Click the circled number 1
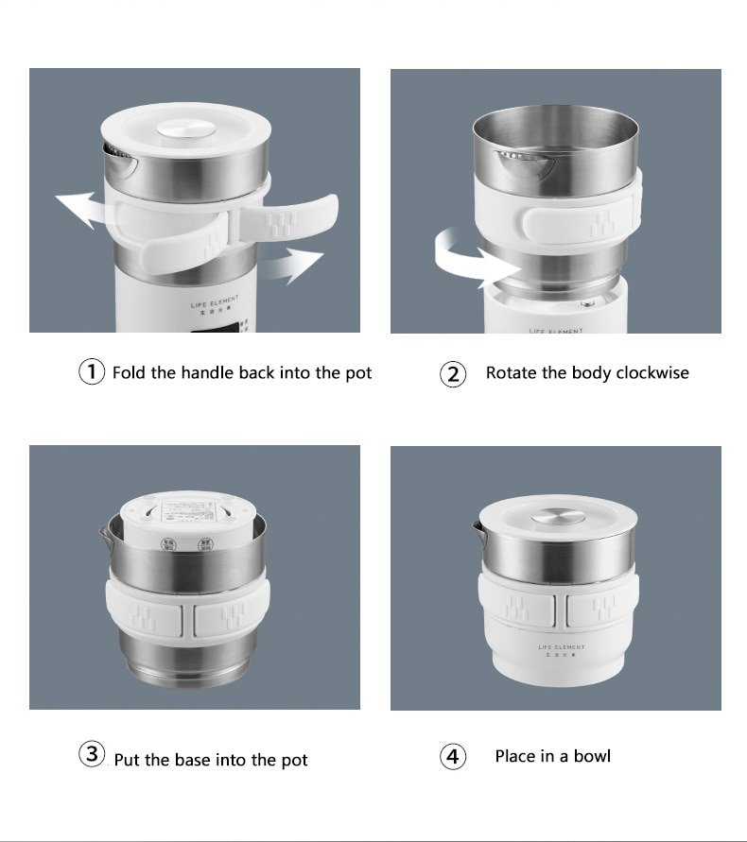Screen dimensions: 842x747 point(91,372)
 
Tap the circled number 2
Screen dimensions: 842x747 point(454,374)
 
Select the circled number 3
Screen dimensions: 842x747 point(91,755)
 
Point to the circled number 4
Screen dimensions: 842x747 point(454,757)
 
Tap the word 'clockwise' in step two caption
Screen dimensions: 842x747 point(652,372)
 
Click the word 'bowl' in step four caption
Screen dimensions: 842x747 point(592,756)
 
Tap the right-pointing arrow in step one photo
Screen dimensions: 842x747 point(292,265)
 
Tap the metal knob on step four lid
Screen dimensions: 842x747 point(555,517)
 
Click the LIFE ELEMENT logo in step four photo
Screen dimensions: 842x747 point(562,649)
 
